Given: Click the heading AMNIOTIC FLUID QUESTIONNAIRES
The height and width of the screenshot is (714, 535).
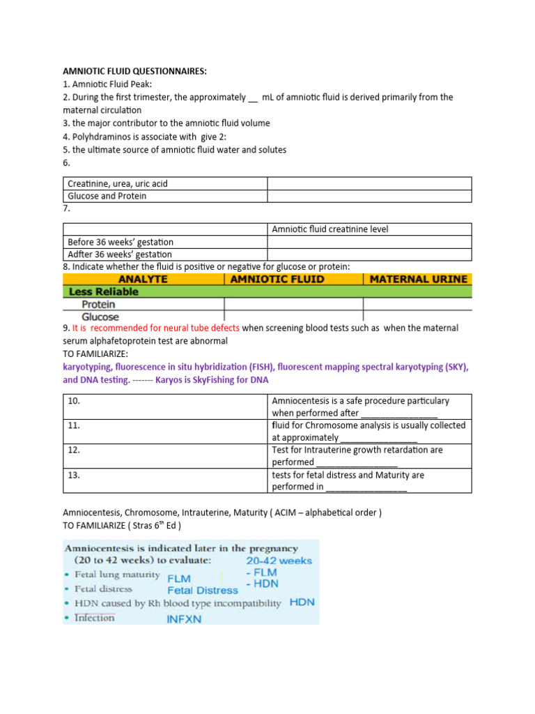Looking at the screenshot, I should pyautogui.click(x=134, y=71).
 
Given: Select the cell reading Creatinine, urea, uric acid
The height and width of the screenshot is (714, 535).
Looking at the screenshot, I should pyautogui.click(x=118, y=184).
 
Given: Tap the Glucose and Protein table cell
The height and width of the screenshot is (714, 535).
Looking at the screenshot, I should pyautogui.click(x=107, y=197).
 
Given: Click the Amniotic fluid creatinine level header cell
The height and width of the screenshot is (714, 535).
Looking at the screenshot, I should pyautogui.click(x=330, y=229).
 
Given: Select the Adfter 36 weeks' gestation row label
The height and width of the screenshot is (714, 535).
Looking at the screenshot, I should pyautogui.click(x=120, y=255).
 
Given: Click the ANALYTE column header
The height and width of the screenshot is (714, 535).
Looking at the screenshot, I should pyautogui.click(x=143, y=279).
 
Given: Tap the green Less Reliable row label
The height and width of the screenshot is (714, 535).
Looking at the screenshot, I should pyautogui.click(x=101, y=292).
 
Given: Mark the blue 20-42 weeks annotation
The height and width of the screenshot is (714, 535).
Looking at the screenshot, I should pyautogui.click(x=279, y=561).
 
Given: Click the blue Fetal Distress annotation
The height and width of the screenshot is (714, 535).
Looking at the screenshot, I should pyautogui.click(x=202, y=590).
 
